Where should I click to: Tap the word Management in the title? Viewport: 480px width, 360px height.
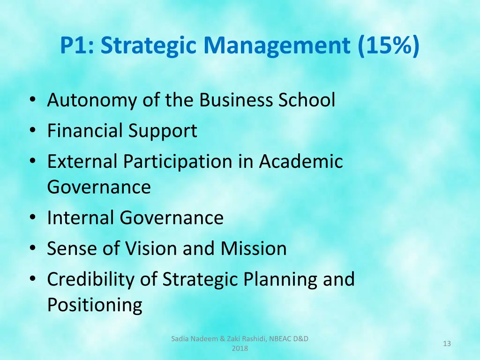coord(277,46)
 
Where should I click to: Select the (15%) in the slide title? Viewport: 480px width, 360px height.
coord(389,46)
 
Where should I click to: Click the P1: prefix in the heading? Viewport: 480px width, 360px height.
coord(78,46)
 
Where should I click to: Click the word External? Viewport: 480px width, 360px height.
coord(82,162)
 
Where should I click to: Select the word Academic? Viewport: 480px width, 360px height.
coord(301,162)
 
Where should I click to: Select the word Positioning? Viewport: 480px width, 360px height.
coord(95,305)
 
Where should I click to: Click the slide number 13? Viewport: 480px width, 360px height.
coord(447,344)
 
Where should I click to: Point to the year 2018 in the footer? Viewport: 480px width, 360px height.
coord(240,348)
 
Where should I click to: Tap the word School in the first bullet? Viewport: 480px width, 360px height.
coord(307,100)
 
